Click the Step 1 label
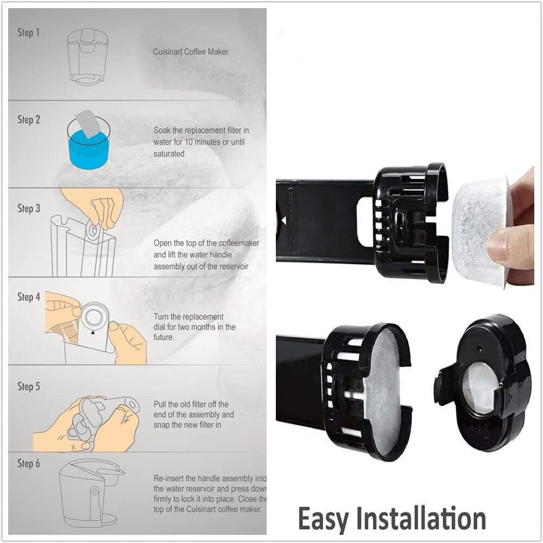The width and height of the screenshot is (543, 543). (29, 33)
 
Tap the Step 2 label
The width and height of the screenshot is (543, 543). (29, 119)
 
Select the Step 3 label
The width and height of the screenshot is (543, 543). (29, 209)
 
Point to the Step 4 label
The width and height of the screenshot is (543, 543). (29, 297)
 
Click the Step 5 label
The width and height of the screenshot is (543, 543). (29, 387)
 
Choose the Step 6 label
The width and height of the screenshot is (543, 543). (29, 464)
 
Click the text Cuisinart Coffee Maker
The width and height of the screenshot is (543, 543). (191, 52)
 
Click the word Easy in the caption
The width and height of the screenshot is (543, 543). (326, 519)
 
